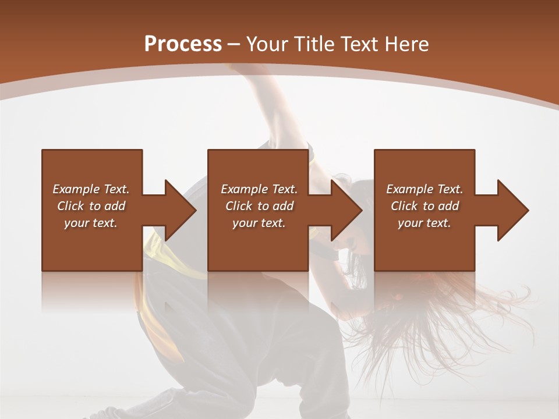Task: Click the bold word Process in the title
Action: pos(183,44)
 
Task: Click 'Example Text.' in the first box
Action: pos(91,189)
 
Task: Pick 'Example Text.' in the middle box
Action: pos(259,189)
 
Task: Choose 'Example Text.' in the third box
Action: pos(424,189)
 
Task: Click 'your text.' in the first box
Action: pos(91,223)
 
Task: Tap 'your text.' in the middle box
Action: pos(259,223)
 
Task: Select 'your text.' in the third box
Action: pos(424,223)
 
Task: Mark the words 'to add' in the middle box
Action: pos(275,206)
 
